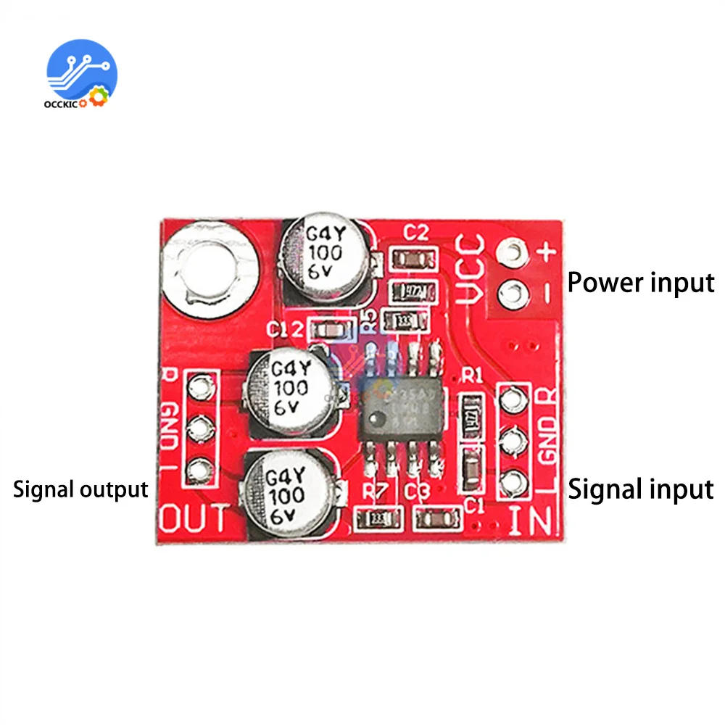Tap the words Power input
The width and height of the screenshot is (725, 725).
640,282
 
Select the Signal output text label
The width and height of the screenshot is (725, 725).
80,489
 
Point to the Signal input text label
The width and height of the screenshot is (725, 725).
641,489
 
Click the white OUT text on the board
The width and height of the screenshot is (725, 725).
194,518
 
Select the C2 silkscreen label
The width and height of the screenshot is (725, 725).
417,233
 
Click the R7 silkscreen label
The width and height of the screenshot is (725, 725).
376,492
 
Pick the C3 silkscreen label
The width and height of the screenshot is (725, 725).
418,493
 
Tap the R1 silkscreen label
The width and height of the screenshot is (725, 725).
472,375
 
